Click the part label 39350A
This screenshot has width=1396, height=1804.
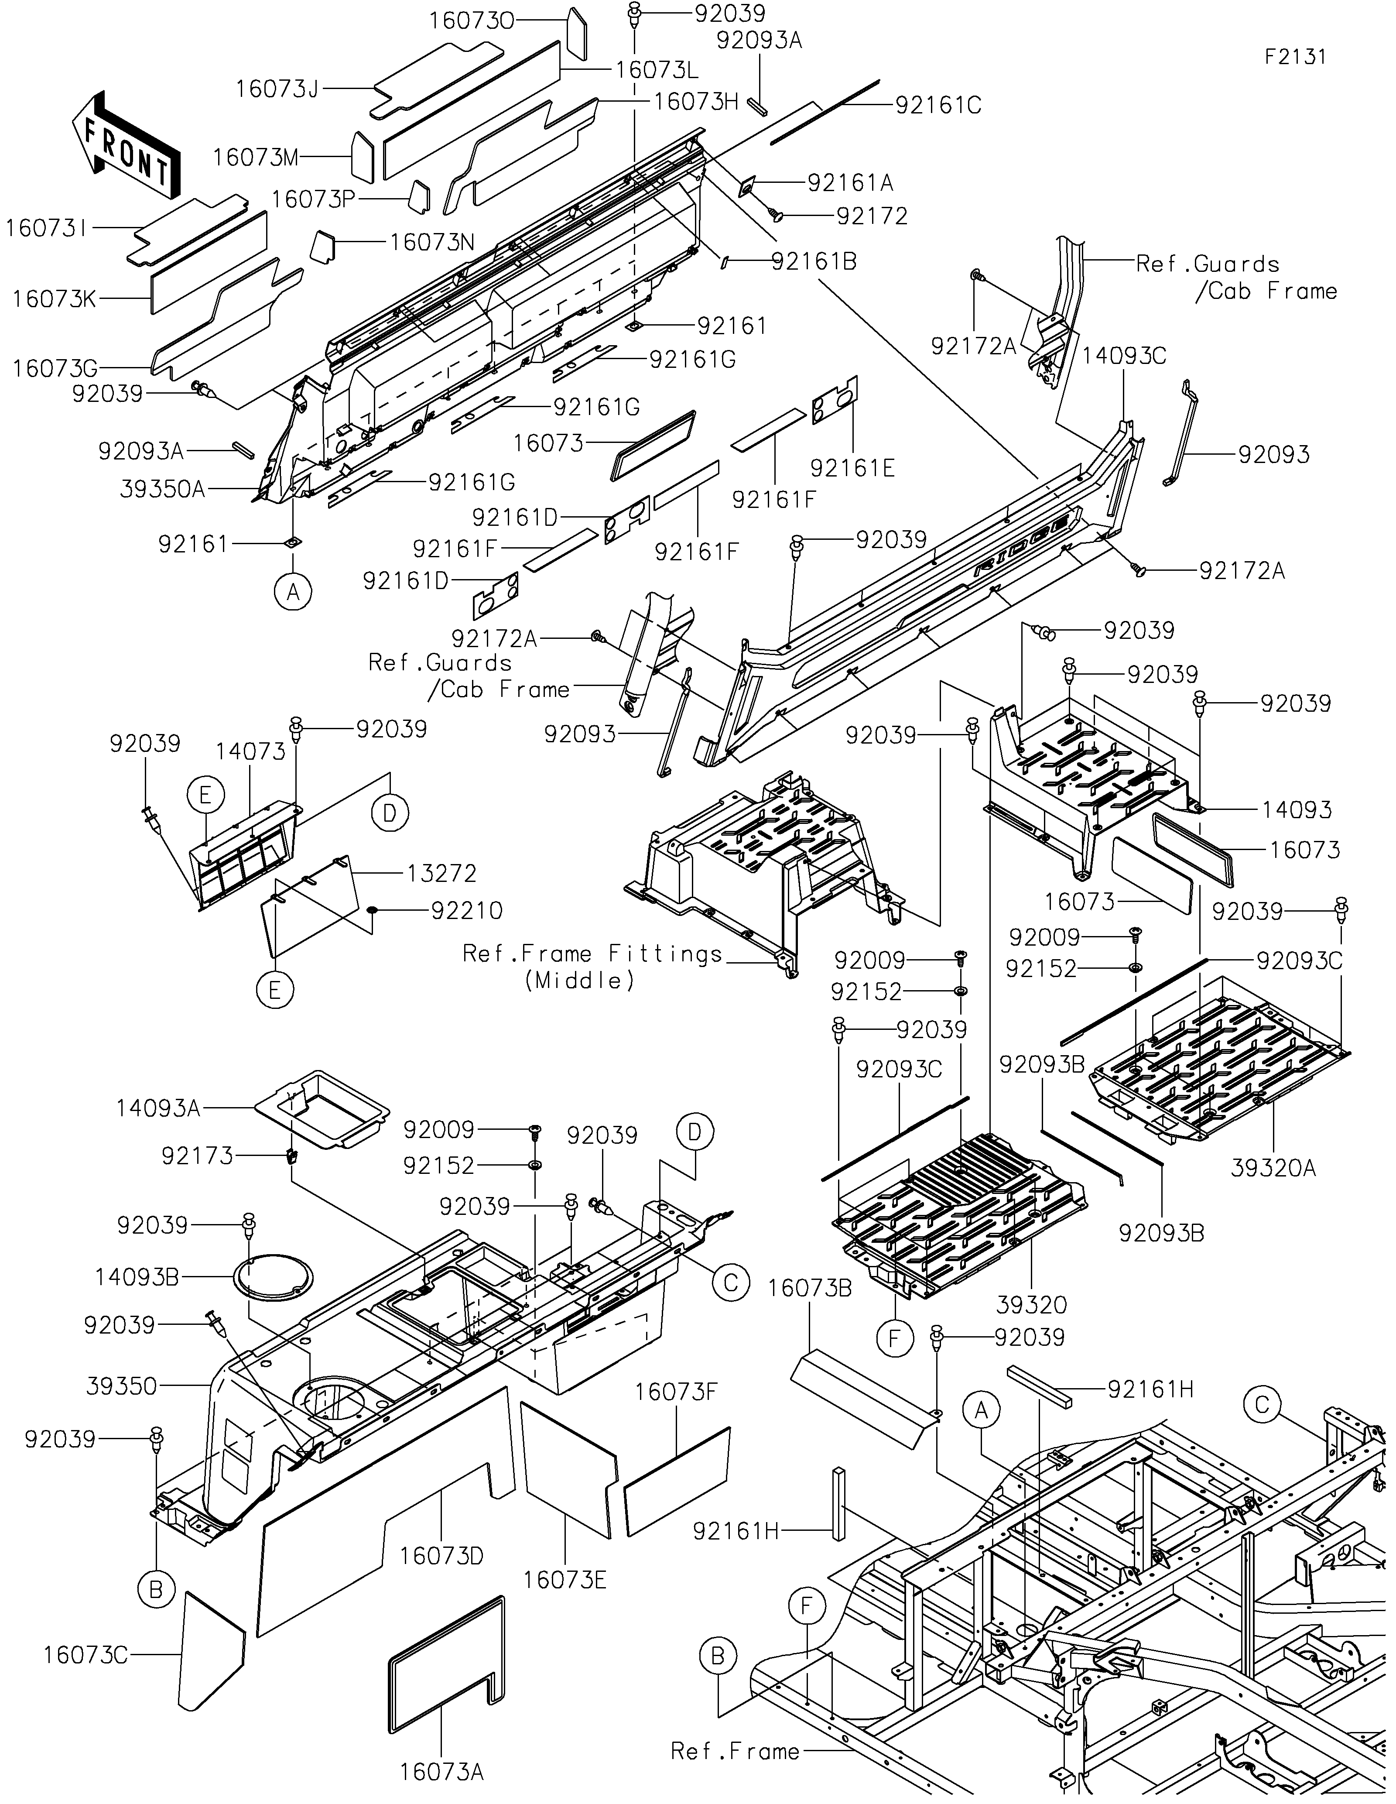click(163, 489)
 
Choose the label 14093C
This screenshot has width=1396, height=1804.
click(1124, 356)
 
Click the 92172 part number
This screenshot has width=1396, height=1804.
click(872, 216)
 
